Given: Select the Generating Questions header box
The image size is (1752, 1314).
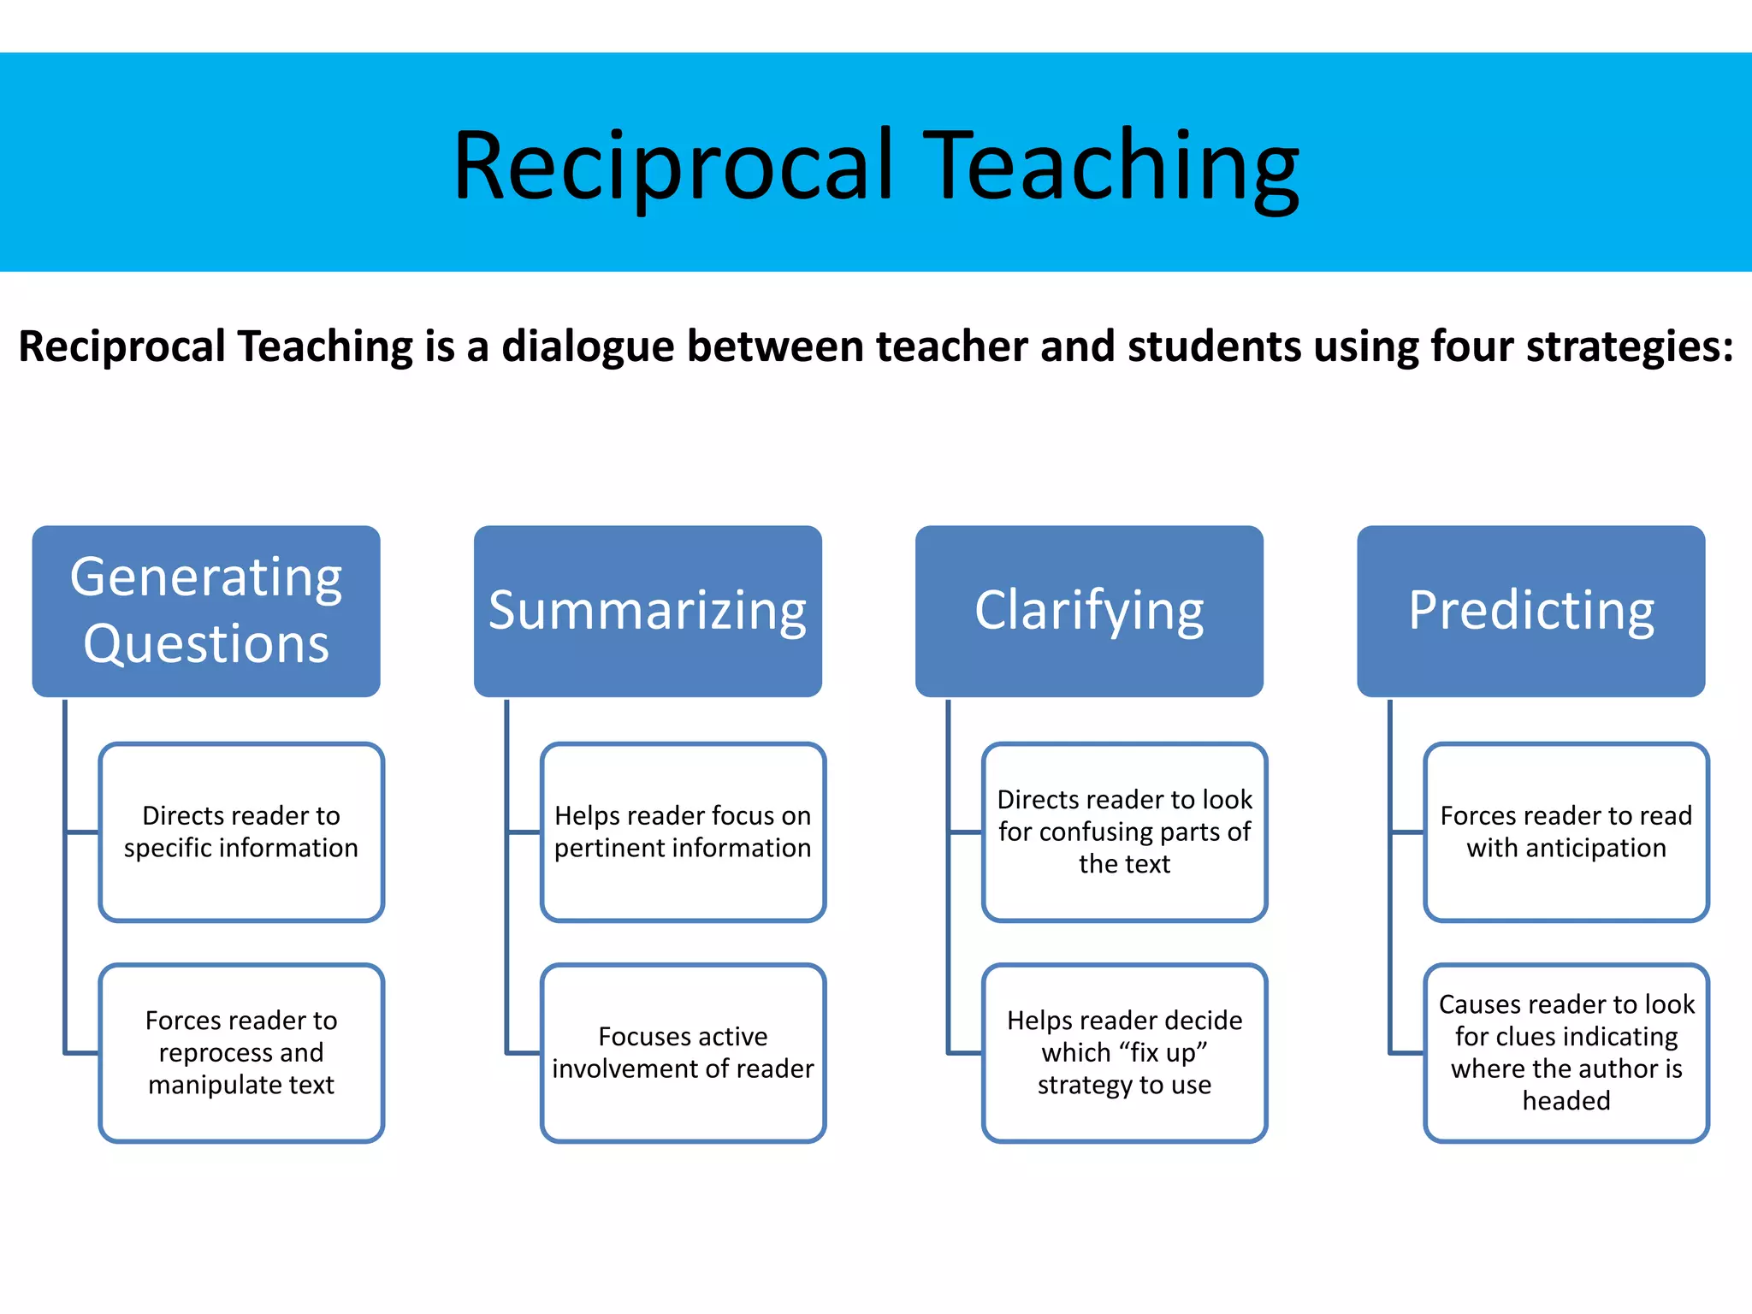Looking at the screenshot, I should (206, 611).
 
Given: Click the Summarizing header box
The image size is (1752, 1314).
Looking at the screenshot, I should (648, 611).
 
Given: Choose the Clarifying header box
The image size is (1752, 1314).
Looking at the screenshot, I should (1089, 611).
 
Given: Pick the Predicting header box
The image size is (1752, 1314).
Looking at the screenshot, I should (1530, 611).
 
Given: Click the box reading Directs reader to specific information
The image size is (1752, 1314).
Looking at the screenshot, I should (241, 832).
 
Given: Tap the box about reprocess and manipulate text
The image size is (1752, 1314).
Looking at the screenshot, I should (241, 1053).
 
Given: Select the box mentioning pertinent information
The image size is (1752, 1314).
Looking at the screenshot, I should (683, 832).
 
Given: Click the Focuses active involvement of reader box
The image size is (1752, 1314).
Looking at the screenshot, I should (683, 1053).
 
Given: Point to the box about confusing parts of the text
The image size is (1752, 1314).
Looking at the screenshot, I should (1124, 832).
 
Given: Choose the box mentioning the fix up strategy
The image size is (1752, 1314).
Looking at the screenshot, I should (1124, 1053).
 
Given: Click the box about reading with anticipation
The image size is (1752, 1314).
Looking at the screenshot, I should (1566, 832).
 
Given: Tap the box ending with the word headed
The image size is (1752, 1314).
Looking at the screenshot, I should (1566, 1053).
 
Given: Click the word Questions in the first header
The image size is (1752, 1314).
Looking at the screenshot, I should (206, 644).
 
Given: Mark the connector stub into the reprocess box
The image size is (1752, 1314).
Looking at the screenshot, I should (82, 1053).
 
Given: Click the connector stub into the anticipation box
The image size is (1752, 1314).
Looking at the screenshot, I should (1407, 832).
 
